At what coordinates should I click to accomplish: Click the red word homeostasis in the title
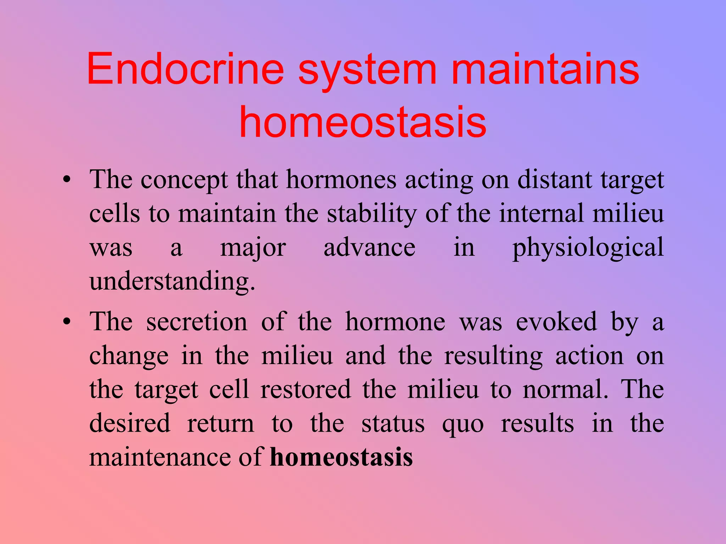pyautogui.click(x=363, y=122)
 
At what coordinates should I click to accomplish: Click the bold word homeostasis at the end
pyautogui.click(x=341, y=457)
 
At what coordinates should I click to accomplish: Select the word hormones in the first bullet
pyautogui.click(x=341, y=180)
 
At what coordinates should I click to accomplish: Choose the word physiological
pyautogui.click(x=588, y=248)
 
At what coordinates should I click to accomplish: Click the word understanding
pyautogui.click(x=172, y=282)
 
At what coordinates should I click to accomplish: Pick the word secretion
pyautogui.click(x=197, y=322)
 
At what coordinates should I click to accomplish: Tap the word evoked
pyautogui.click(x=557, y=322)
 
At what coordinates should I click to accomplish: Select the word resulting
pyautogui.click(x=493, y=356)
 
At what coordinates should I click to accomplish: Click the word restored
pyautogui.click(x=306, y=390)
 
